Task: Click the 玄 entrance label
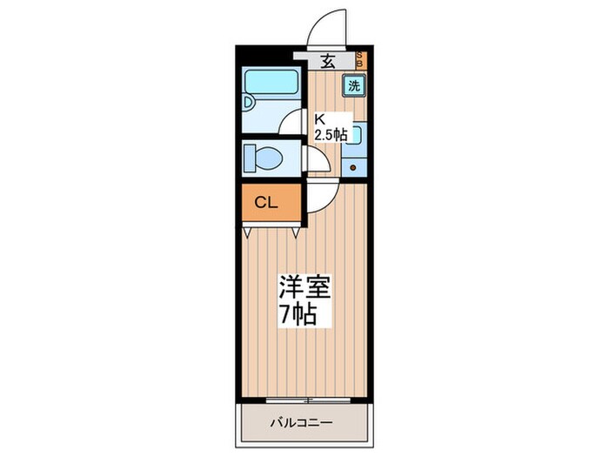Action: click(328, 61)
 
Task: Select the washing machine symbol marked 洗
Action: click(354, 85)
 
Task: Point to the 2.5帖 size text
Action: click(331, 135)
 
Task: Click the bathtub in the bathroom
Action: click(271, 85)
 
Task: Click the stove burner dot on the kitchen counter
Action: click(353, 165)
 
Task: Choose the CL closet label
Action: click(266, 203)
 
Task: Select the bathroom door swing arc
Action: click(296, 119)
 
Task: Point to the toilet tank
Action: click(248, 159)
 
